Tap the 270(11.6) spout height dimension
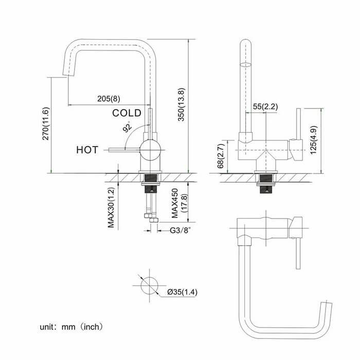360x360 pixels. (x=46, y=123)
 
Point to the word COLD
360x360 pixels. (x=127, y=113)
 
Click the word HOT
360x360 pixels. (x=87, y=150)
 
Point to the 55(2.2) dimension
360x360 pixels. (x=265, y=106)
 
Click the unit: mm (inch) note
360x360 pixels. (x=72, y=326)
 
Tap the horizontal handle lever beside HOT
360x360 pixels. (x=123, y=149)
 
